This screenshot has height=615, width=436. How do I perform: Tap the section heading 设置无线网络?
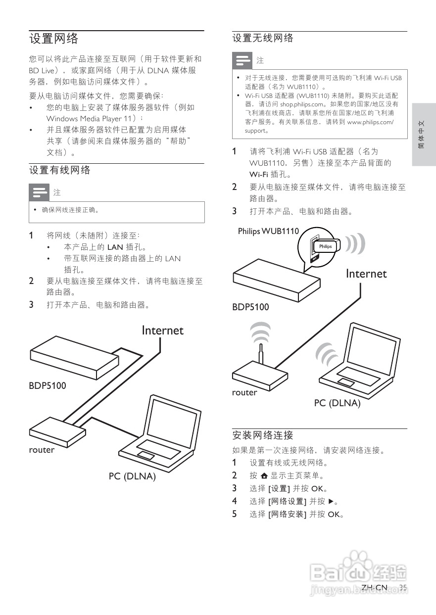tap(263, 38)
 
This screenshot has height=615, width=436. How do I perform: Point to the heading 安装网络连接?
tap(263, 435)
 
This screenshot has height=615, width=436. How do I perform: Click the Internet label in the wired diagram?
tap(162, 331)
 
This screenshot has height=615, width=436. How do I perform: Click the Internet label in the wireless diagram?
tap(366, 274)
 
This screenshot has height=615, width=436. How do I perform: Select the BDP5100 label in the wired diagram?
tap(48, 385)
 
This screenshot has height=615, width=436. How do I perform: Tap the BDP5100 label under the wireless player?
tap(251, 307)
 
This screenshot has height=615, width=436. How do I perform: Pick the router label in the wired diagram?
tap(42, 450)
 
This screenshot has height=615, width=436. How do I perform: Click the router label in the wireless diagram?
tap(244, 392)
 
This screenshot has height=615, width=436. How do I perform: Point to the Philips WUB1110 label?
tap(268, 231)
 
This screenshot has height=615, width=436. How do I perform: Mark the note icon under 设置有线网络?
tap(39, 192)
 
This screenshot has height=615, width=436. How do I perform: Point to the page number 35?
tap(403, 588)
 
